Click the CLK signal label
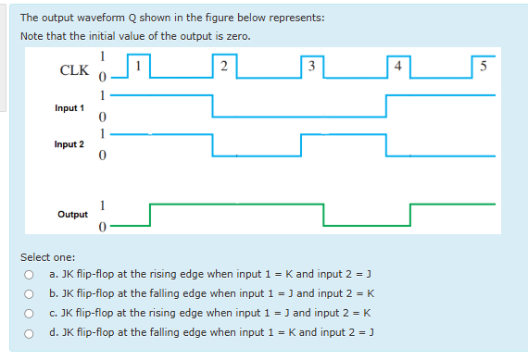74,70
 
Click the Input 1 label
69,107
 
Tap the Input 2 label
69,144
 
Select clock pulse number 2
225,65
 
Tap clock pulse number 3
312,65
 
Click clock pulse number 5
484,65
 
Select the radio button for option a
30,275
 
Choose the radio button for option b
30,294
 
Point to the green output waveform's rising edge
150,214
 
